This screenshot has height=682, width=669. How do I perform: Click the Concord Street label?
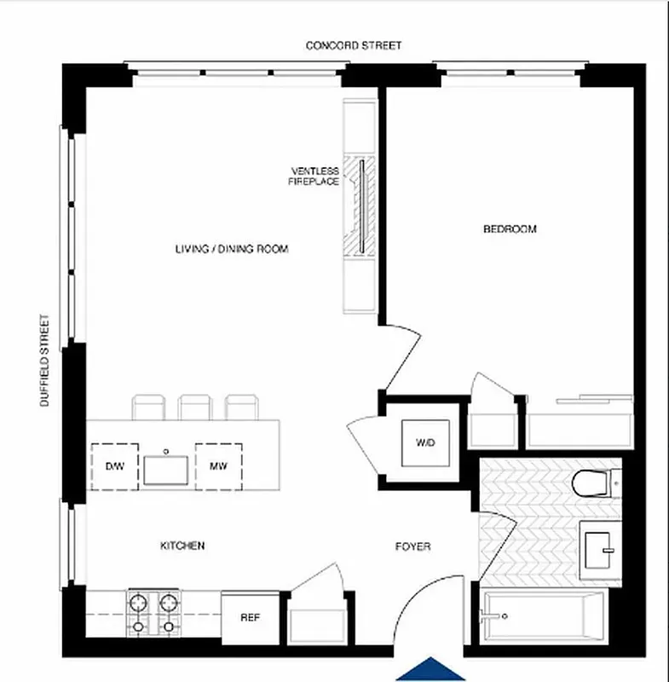point(354,45)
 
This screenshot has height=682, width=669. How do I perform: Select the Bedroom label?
point(510,228)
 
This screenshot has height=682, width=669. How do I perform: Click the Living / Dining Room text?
point(232,250)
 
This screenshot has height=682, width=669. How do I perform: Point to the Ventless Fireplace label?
point(314,176)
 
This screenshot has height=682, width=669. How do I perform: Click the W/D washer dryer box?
point(424,443)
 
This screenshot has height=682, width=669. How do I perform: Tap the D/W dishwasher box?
point(115,466)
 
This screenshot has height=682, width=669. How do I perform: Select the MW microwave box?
point(218,466)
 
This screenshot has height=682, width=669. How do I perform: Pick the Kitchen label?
point(183,546)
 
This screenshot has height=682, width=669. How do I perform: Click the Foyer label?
point(412,546)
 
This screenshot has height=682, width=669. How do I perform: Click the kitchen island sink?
point(166,467)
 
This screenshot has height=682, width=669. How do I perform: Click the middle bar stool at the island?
point(195,407)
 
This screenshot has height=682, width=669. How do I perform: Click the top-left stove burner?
point(138,602)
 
